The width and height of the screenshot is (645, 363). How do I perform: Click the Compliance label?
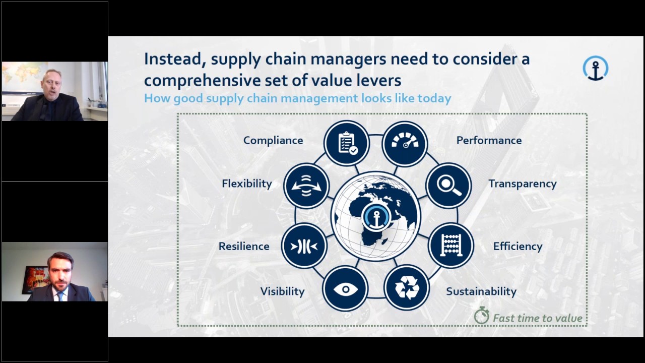click(273, 141)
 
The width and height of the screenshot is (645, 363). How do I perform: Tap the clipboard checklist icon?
click(347, 143)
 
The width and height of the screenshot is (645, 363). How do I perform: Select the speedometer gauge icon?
click(405, 143)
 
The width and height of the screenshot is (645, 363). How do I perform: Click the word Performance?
click(489, 141)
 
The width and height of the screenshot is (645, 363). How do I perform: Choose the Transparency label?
click(522, 184)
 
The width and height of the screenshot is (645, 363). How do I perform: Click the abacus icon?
click(451, 246)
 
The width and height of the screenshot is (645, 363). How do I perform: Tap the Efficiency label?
click(518, 247)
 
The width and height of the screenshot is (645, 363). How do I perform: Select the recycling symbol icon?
click(407, 288)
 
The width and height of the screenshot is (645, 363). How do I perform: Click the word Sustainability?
click(481, 291)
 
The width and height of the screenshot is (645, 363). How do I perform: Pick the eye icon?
click(345, 289)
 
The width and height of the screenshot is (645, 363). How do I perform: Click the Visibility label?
click(282, 291)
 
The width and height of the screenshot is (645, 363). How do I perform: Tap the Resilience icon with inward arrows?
click(304, 246)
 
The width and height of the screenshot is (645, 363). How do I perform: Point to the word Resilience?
click(244, 247)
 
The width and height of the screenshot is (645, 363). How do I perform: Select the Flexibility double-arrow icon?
click(306, 186)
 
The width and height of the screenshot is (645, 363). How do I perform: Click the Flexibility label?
click(247, 184)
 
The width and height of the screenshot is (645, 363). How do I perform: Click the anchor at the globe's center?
click(375, 217)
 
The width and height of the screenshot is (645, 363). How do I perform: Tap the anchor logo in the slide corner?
click(596, 68)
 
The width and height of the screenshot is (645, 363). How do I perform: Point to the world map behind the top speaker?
click(23, 76)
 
